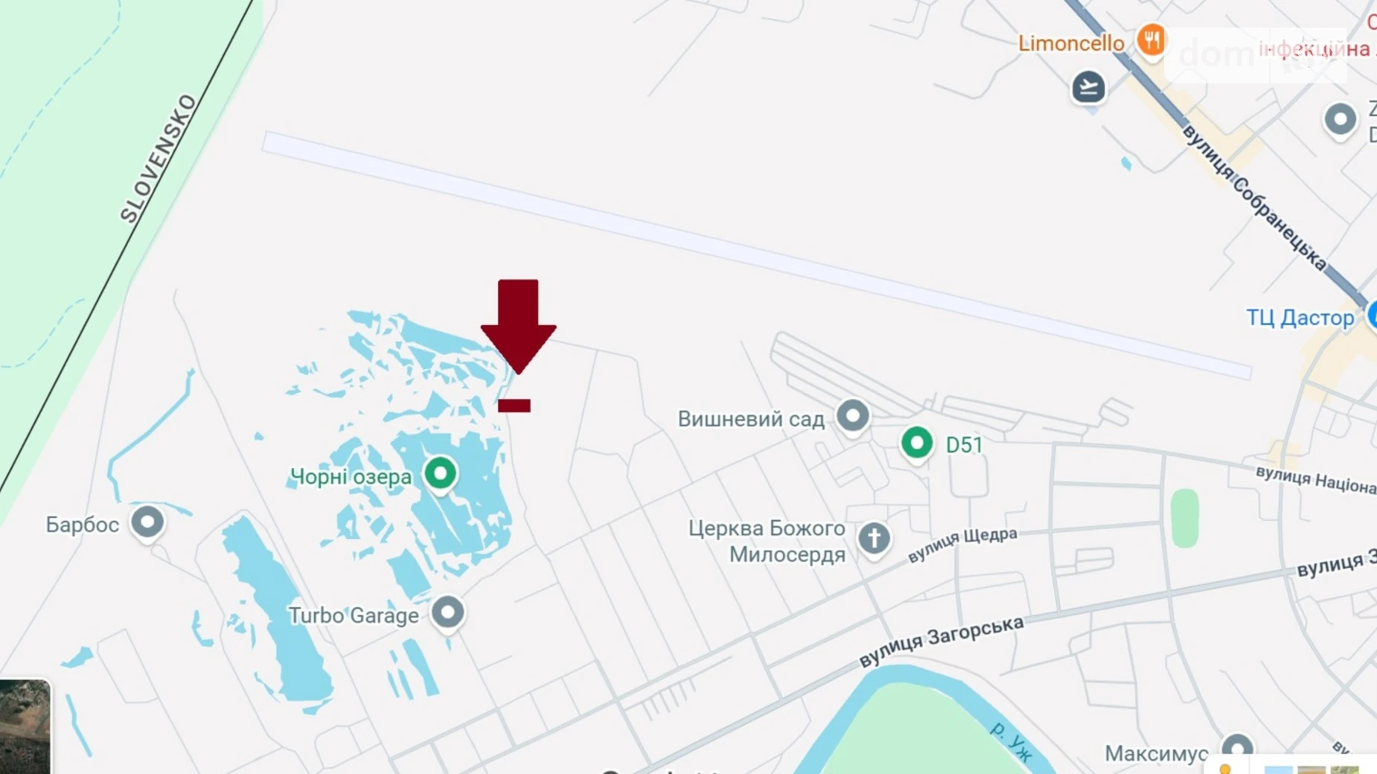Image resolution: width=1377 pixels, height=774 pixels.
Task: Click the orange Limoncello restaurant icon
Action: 1151,40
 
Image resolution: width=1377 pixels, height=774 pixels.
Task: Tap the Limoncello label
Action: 1071,44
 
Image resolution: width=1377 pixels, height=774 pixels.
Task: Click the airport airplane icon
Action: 1088,88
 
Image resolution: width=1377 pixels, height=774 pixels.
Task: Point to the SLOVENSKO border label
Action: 159,159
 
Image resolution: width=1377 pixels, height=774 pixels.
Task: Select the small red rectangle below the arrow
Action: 514,406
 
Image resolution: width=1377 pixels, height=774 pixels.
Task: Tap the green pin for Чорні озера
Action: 440,473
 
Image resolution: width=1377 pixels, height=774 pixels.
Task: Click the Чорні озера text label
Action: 351,477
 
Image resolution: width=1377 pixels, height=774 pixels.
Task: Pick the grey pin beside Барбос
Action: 147,522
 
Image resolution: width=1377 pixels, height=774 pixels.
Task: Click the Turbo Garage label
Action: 354,616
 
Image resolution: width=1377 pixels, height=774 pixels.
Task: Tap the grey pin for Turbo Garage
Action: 447,613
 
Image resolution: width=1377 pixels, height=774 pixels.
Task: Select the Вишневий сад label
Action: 751,420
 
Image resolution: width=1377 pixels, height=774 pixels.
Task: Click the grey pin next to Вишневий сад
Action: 852,415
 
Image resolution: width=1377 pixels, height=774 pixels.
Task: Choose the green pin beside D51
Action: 916,444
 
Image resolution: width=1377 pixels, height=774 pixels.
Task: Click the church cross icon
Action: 874,537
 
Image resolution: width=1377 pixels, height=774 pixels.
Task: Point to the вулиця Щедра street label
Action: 962,545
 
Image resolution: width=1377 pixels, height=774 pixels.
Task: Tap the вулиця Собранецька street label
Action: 1254,198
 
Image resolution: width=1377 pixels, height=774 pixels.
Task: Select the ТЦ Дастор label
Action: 1300,319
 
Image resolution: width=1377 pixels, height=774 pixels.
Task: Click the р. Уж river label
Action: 1012,741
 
